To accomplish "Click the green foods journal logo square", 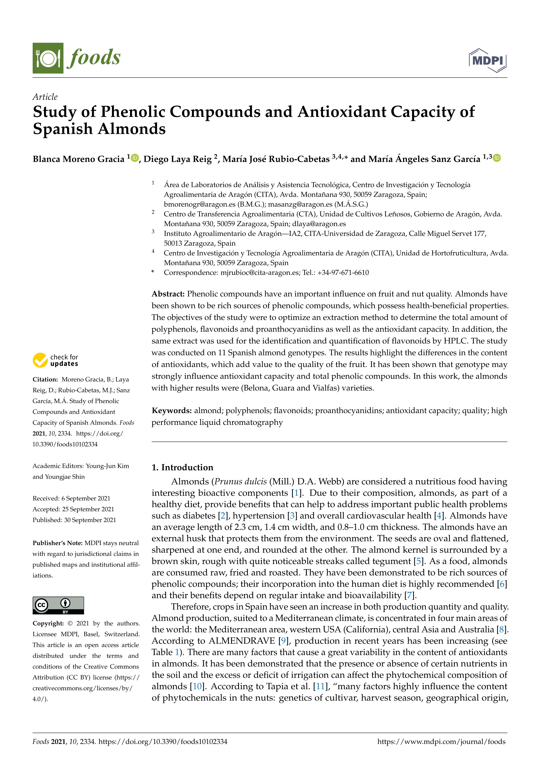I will tap(48, 58).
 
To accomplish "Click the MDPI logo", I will tap(488, 60).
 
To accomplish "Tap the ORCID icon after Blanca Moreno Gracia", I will tap(135, 158).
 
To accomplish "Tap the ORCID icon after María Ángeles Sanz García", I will tap(496, 158).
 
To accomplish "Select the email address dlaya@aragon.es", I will tap(319, 224).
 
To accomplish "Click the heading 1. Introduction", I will tap(182, 467).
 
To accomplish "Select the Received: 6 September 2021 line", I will tap(71, 498).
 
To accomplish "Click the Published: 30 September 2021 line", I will tap(74, 520).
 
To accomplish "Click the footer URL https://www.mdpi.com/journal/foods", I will tap(441, 741).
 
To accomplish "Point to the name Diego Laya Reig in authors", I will tap(177, 159).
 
